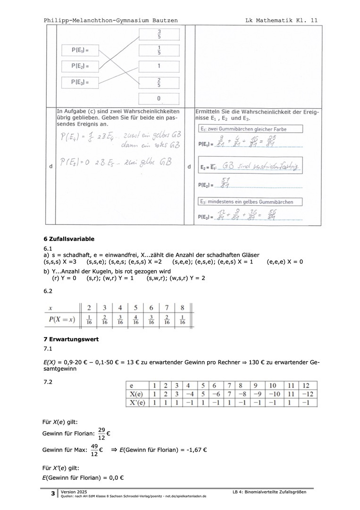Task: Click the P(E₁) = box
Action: coord(80,50)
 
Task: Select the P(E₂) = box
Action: coord(80,66)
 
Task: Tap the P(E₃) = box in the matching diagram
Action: coord(80,82)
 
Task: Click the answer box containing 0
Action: coord(159,99)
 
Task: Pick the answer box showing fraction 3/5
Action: coord(159,34)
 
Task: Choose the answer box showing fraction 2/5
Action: coord(159,82)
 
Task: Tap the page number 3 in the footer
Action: coord(53,494)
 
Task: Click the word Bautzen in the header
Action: coord(165,20)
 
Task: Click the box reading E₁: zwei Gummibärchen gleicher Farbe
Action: coord(250,129)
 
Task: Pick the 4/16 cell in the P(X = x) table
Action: coord(136,320)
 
